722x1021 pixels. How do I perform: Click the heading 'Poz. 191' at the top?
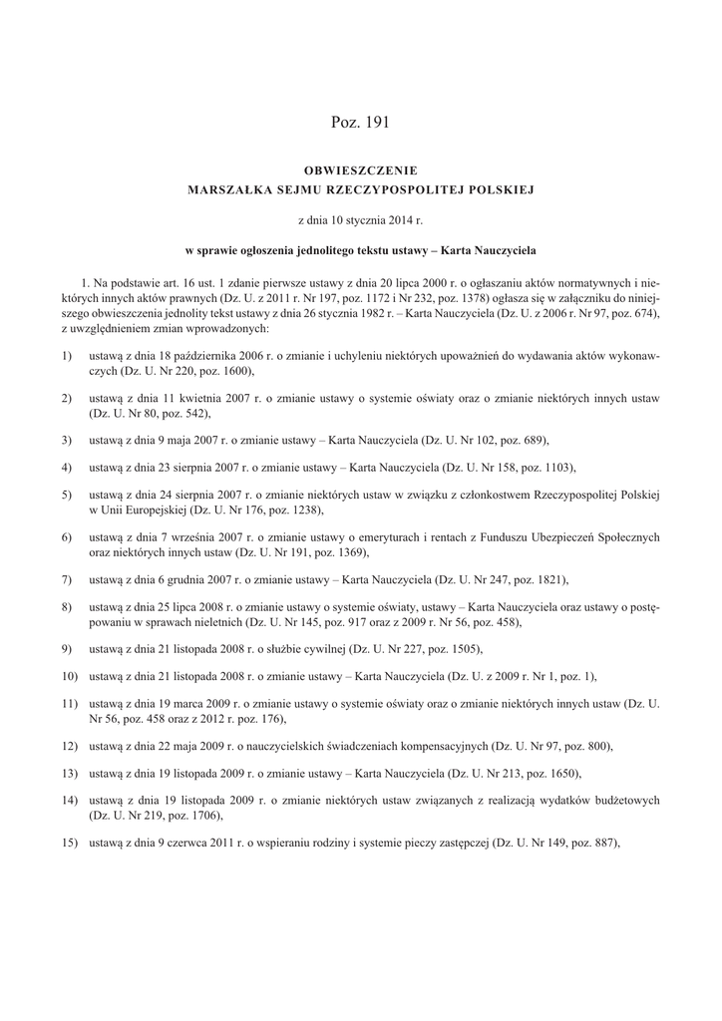(x=360, y=123)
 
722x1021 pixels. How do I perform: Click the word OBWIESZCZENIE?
(x=360, y=170)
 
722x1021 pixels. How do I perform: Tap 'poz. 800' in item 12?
(x=583, y=746)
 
